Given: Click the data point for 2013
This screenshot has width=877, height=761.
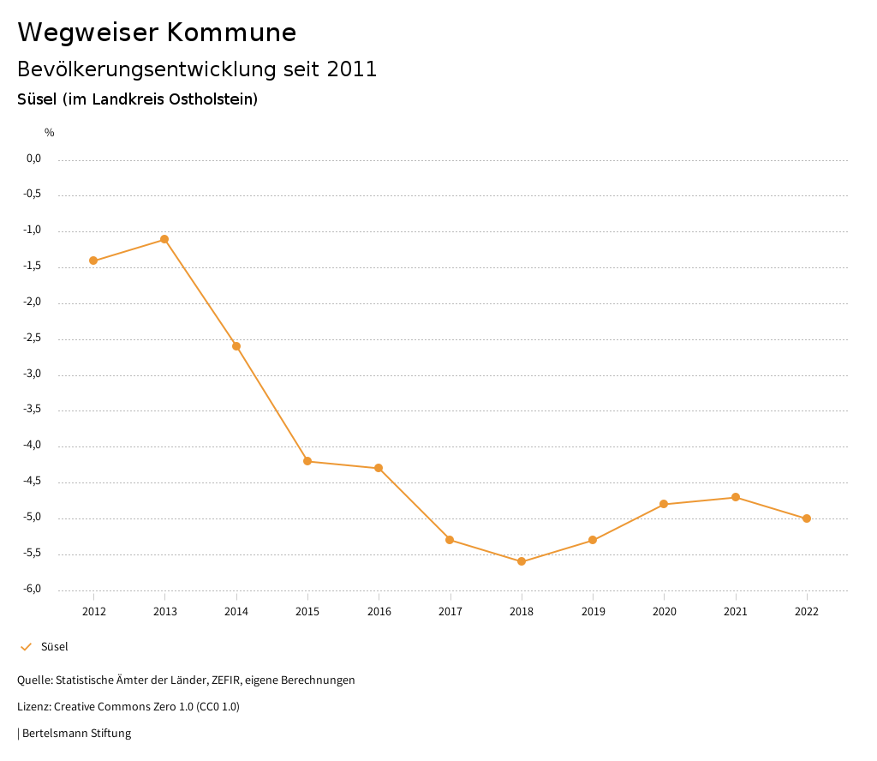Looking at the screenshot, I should tap(164, 239).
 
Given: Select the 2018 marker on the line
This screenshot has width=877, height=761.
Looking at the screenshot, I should tap(522, 561).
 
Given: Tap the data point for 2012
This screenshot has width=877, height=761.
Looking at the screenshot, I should tap(93, 261).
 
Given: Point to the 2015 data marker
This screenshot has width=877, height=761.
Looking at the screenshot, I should tap(307, 461).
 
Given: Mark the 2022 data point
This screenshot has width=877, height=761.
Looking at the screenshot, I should tap(807, 518).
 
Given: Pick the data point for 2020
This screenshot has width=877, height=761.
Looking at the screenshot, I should tap(664, 504).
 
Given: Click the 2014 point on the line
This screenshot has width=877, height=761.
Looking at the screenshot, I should tap(236, 346).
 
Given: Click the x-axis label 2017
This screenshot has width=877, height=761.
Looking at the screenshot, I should tap(450, 612).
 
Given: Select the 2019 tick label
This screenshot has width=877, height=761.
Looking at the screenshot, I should tap(593, 612).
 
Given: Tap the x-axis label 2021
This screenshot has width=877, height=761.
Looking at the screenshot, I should tap(736, 612).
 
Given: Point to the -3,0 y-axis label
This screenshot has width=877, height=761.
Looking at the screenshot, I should tap(33, 375).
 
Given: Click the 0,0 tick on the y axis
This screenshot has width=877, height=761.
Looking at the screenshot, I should tap(34, 159).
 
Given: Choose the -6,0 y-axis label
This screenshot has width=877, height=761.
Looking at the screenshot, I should tap(33, 590).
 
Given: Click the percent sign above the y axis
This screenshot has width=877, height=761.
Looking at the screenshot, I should tap(50, 133).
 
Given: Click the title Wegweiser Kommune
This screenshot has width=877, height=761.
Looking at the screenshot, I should tap(157, 33).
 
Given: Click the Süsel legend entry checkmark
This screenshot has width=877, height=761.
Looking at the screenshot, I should tap(26, 647).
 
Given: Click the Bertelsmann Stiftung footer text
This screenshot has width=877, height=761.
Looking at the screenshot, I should tap(76, 734).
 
